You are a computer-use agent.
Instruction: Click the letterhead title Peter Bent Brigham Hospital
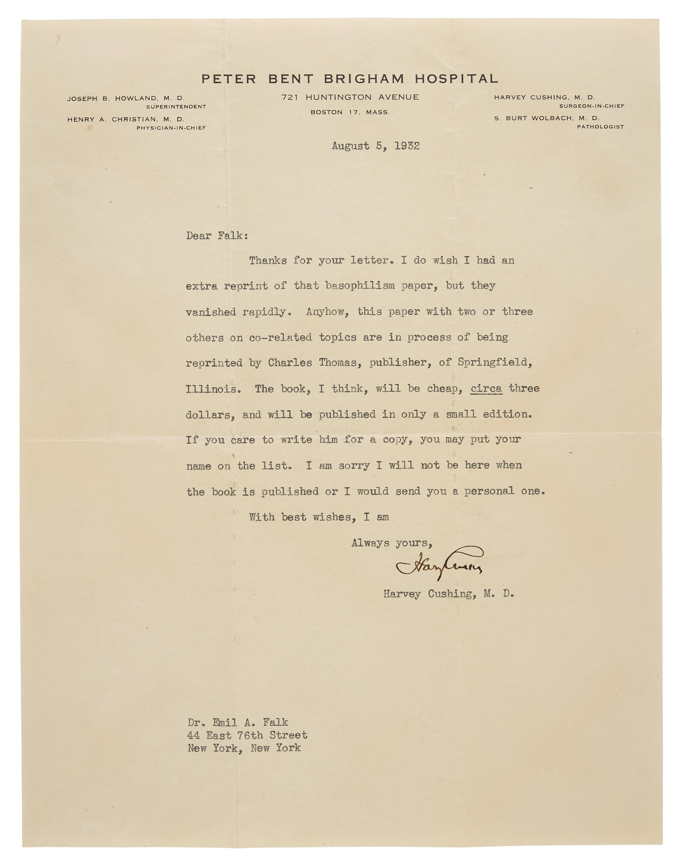coord(350,79)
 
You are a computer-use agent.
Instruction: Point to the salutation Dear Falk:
coord(217,236)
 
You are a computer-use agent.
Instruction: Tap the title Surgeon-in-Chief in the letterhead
coord(592,106)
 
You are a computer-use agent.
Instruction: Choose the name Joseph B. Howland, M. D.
coord(126,98)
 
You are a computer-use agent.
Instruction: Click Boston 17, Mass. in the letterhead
coord(350,113)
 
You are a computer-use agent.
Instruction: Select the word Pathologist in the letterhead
coord(600,127)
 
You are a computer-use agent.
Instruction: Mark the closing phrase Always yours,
coord(392,543)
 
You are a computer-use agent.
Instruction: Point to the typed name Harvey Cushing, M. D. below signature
coord(448,594)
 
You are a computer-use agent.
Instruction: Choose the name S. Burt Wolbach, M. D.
coord(547,118)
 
